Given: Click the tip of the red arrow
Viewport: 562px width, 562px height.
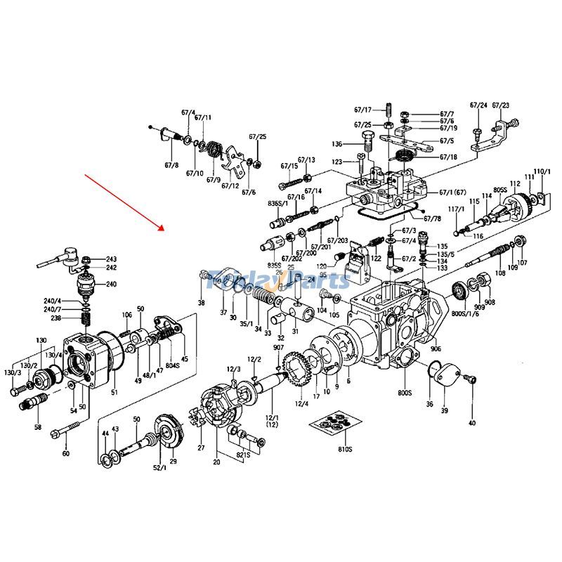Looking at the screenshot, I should pyautogui.click(x=163, y=230).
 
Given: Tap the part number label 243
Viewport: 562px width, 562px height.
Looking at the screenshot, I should pyautogui.click(x=112, y=259).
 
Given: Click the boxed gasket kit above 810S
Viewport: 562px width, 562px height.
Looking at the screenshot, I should pyautogui.click(x=334, y=424).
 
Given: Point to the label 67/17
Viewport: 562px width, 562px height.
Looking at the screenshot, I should pyautogui.click(x=362, y=110).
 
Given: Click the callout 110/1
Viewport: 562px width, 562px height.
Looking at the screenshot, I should pyautogui.click(x=542, y=172).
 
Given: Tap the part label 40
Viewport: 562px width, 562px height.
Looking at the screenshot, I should pyautogui.click(x=471, y=423).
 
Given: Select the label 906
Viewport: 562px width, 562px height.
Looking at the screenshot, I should pyautogui.click(x=436, y=349).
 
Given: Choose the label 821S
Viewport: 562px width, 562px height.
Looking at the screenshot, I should pyautogui.click(x=242, y=456).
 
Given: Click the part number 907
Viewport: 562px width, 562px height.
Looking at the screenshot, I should pyautogui.click(x=279, y=348).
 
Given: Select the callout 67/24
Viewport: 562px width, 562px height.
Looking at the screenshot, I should pyautogui.click(x=478, y=105).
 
